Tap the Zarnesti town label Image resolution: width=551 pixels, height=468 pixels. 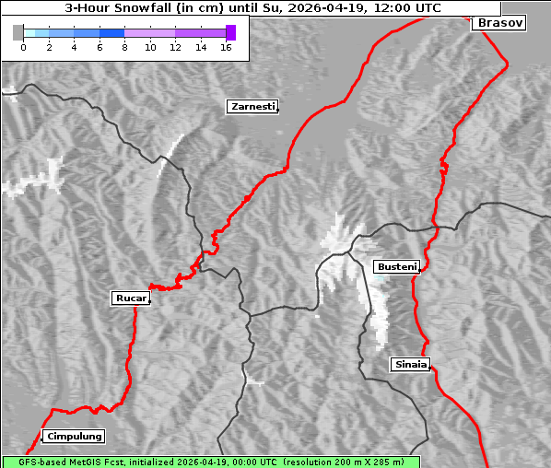click(252, 107)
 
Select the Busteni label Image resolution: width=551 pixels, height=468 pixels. click(396, 267)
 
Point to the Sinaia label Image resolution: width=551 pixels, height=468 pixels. click(411, 364)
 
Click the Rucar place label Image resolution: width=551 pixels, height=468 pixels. click(130, 298)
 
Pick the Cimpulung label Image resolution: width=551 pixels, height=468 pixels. click(74, 437)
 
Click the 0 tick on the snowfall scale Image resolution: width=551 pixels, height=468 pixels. click(23, 47)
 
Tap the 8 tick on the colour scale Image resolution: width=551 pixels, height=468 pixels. click(124, 47)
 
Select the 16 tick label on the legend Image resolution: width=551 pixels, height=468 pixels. click(226, 47)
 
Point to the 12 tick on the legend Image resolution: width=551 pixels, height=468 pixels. click(175, 47)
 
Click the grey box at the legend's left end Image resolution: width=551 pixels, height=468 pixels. click(18, 32)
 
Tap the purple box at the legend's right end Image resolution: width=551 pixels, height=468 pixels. click(230, 32)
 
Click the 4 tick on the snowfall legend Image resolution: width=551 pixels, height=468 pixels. click(74, 47)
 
